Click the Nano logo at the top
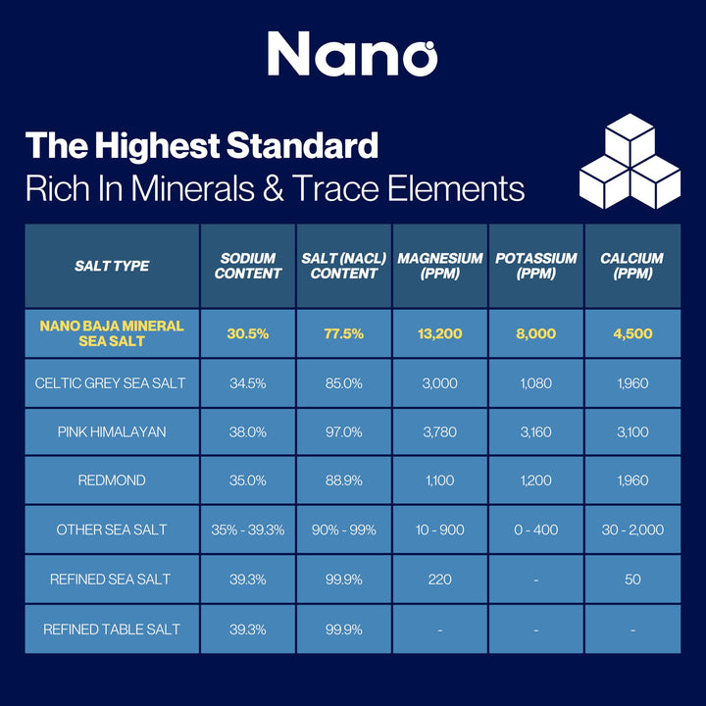(352, 53)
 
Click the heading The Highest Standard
(202, 146)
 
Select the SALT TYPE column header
(112, 266)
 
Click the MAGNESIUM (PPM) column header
(440, 266)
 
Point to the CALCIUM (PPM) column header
(632, 266)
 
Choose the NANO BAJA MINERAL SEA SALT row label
(112, 333)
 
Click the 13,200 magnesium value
(440, 333)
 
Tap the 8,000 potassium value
(535, 333)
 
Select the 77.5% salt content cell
(344, 333)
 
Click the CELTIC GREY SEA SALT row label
(112, 383)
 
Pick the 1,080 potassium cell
(535, 383)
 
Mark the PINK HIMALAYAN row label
(112, 431)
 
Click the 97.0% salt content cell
(344, 431)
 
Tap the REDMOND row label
(112, 481)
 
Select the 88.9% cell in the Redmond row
(344, 481)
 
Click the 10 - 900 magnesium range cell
(440, 529)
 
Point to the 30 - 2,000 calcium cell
(632, 529)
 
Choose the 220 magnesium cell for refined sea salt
(440, 580)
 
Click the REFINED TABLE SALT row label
(112, 629)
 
